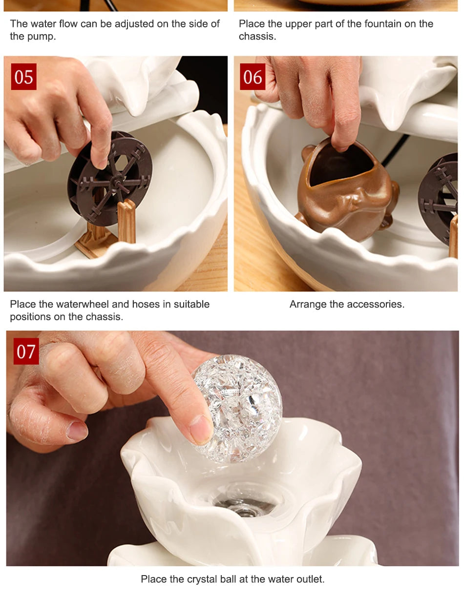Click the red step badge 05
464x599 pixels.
click(24, 77)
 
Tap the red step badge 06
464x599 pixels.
click(253, 77)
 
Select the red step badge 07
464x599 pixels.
click(26, 351)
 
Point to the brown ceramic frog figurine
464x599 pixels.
click(347, 190)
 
